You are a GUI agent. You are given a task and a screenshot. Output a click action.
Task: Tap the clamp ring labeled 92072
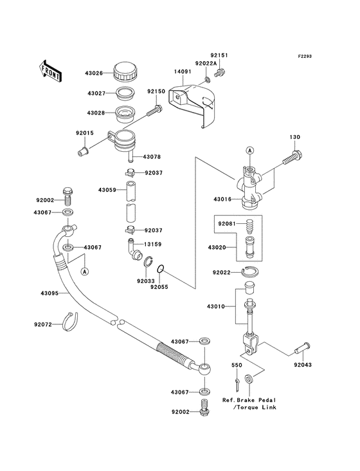(72, 319)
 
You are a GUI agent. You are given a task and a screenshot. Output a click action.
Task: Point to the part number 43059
(107, 190)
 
